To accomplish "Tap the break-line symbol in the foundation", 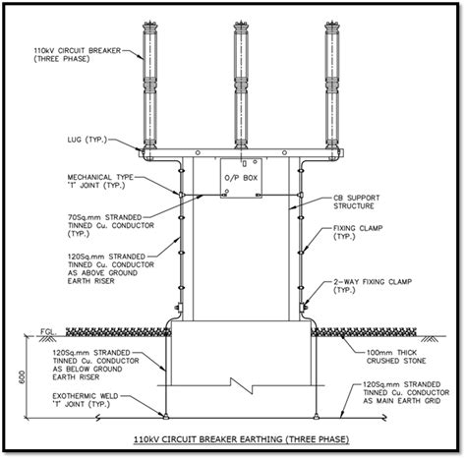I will (x=239, y=379).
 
